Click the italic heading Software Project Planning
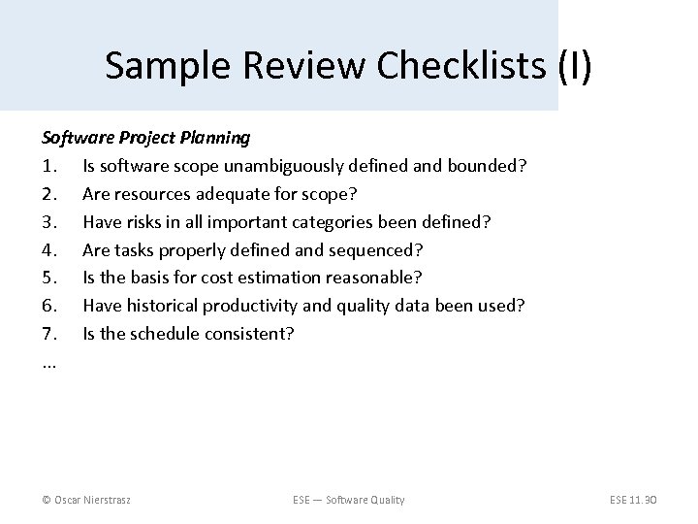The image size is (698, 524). (x=145, y=138)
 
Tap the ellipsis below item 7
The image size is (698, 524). (x=48, y=363)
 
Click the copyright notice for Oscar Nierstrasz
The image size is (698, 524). (x=87, y=499)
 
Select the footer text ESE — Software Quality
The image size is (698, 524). (x=348, y=499)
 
